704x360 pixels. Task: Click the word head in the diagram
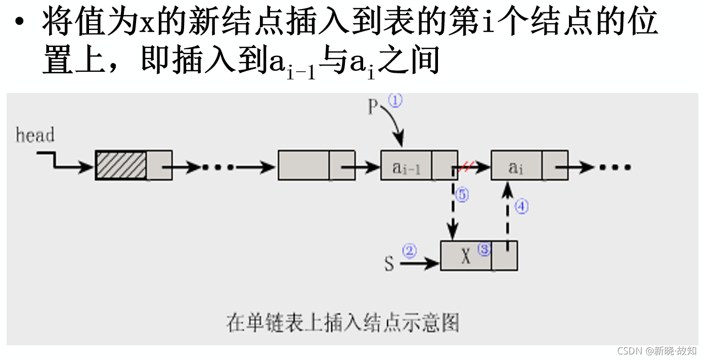pos(35,136)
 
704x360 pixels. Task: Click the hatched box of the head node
pos(121,165)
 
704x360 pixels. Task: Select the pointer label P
pos(373,107)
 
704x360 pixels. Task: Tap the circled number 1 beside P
pos(395,101)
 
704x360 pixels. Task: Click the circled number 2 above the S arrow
pos(409,251)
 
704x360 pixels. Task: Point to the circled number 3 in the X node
pos(484,250)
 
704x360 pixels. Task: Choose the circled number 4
pos(521,206)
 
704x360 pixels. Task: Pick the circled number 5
pos(462,195)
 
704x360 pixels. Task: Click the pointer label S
pos(389,264)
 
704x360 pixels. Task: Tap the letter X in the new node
pos(466,256)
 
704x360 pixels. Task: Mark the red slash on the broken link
pos(466,166)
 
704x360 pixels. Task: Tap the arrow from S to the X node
pos(420,263)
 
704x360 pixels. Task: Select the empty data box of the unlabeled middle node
pos(303,165)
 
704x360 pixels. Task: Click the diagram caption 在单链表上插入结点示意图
pos(343,322)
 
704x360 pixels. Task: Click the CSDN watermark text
pos(657,351)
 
